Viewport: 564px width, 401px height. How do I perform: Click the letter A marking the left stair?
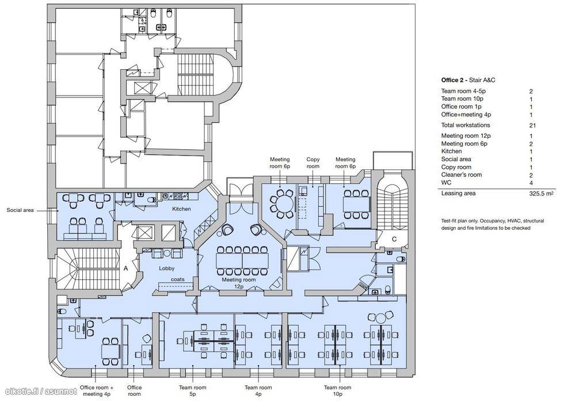[x=126, y=269]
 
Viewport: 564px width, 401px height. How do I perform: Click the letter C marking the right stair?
[x=395, y=239]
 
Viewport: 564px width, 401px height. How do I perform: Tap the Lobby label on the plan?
[x=167, y=268]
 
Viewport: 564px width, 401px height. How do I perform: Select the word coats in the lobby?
[x=178, y=281]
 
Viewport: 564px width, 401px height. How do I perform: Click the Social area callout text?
[x=22, y=210]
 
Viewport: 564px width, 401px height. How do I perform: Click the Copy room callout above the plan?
[x=313, y=163]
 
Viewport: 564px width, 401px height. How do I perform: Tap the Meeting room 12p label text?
[x=239, y=283]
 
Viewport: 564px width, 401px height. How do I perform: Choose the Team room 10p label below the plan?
[x=338, y=391]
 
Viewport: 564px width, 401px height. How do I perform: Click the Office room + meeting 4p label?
[x=97, y=391]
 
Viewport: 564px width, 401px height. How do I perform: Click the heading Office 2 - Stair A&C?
[x=468, y=80]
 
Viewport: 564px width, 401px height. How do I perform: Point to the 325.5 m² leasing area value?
[x=541, y=194]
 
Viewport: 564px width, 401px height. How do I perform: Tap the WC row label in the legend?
[x=447, y=183]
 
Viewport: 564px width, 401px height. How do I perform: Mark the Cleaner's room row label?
[x=462, y=175]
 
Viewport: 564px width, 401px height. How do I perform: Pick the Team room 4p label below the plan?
[x=258, y=391]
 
